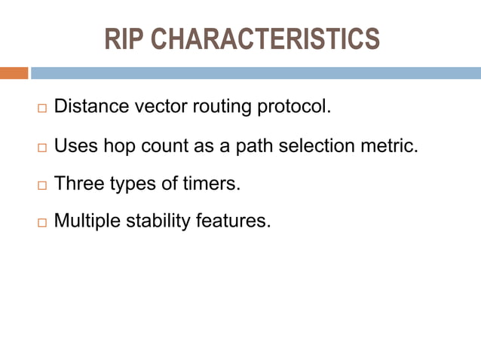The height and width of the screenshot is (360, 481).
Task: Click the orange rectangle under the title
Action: point(14,73)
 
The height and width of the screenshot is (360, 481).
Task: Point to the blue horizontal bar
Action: point(256,73)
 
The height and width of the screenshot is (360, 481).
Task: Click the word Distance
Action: point(92,107)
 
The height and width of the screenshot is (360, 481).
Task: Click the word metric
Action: point(392,145)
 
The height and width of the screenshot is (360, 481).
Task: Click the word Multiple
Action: point(88,221)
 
